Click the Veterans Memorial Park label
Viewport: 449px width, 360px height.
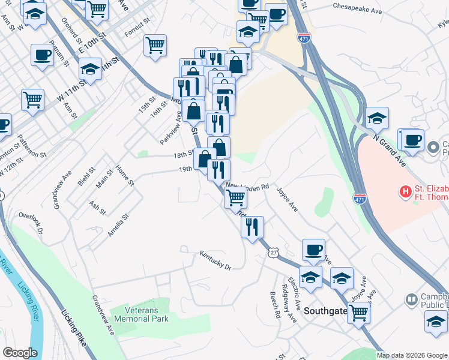pos(147,315)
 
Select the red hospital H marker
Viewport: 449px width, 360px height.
pos(406,192)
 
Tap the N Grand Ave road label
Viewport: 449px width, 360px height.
pos(388,152)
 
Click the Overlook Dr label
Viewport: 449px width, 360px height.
pos(32,222)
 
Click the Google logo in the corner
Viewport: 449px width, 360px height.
pos(20,353)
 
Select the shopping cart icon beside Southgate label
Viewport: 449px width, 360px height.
pos(358,311)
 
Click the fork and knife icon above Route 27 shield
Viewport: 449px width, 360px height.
pos(252,226)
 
